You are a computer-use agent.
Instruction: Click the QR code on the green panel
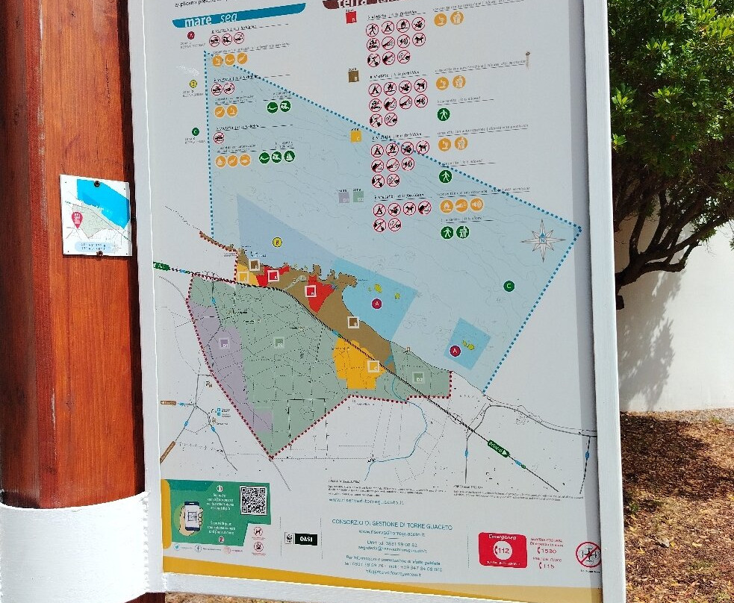point(253,500)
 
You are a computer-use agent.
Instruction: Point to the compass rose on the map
point(543,241)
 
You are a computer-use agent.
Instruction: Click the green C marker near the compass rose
point(509,286)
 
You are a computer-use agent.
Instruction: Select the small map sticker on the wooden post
point(96,216)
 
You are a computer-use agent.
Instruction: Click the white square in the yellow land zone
point(373,366)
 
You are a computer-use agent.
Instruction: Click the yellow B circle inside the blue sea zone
point(277,242)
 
